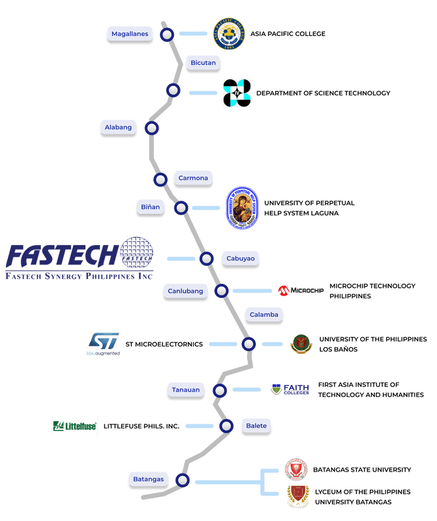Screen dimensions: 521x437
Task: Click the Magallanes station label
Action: [x=130, y=33]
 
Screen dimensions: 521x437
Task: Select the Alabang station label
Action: [x=119, y=127]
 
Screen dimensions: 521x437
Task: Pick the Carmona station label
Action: [x=193, y=178]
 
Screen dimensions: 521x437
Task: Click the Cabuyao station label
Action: [x=240, y=258]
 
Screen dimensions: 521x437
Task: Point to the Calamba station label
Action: [x=264, y=314]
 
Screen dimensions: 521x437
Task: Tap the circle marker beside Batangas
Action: [x=182, y=480]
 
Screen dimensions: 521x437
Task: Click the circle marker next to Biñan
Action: [x=181, y=208]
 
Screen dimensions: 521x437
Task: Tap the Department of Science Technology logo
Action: [x=236, y=93]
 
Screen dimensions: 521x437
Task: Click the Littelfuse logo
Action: [x=75, y=426]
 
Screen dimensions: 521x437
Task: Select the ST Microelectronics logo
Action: [x=103, y=344]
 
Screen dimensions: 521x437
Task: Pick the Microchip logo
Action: [x=300, y=290]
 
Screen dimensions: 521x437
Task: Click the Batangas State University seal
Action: [x=296, y=470]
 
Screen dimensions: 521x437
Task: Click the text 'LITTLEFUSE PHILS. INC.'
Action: [x=141, y=426]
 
